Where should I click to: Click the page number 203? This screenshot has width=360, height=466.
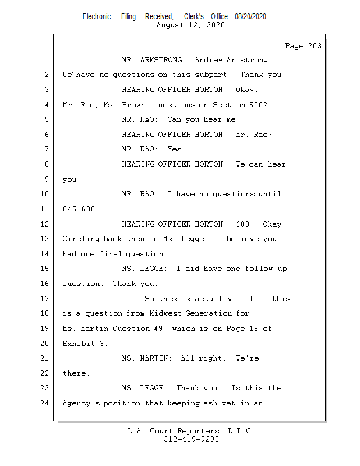[x=315, y=46]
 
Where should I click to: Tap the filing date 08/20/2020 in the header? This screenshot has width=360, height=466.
[x=250, y=17]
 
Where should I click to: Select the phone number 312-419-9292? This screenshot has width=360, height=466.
[x=191, y=439]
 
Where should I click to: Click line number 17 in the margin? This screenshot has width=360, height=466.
[x=44, y=298]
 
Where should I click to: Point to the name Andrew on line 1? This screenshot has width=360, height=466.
[x=209, y=60]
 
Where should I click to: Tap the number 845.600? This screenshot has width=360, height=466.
[x=80, y=209]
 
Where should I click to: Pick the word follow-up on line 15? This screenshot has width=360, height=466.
[x=266, y=269]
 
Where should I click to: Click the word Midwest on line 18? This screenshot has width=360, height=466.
[x=165, y=313]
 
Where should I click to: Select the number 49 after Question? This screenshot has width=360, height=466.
[x=159, y=329]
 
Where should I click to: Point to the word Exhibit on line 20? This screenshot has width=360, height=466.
[x=79, y=344]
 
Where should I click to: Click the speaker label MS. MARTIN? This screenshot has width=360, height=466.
[x=147, y=358]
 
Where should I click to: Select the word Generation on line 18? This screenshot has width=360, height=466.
[x=209, y=313]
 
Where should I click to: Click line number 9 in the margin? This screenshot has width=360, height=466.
[x=47, y=179]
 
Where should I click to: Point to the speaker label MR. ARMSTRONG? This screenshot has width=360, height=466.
[x=154, y=60]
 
